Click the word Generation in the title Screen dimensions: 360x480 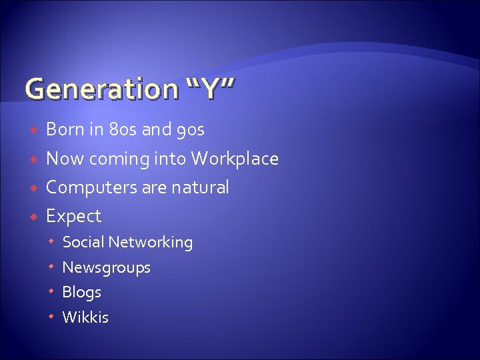click(x=97, y=89)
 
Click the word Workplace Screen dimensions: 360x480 click(x=235, y=159)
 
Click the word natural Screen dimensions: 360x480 click(x=200, y=187)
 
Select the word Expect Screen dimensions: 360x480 click(x=73, y=217)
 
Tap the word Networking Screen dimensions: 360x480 click(x=151, y=243)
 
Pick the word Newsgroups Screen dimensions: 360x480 click(x=106, y=268)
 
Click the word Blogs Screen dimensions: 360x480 click(x=81, y=293)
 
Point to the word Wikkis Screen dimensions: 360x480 click(x=85, y=317)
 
